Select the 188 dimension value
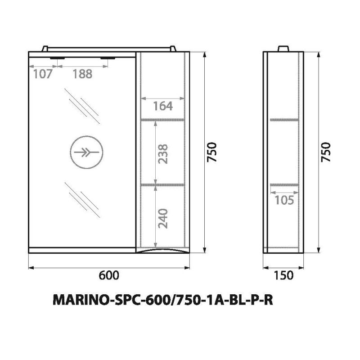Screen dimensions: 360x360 82,74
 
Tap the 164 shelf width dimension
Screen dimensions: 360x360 162,106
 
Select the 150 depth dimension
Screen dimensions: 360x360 283,275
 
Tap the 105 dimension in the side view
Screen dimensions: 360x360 284,200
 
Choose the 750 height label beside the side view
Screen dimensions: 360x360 327,153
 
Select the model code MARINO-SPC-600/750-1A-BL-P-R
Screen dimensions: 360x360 163,300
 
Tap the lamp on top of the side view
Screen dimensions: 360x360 283,49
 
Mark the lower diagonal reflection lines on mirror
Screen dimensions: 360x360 82,198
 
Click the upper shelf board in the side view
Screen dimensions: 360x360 284,120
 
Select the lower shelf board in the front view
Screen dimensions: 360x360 162,184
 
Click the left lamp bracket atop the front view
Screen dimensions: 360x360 47,49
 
